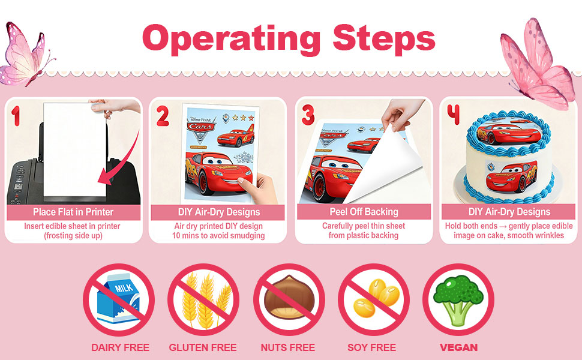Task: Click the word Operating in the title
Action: (x=231, y=39)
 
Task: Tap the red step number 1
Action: (x=16, y=116)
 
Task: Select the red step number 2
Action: (x=163, y=116)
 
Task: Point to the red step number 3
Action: (x=308, y=115)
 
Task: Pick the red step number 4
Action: (x=453, y=115)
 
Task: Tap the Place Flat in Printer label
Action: (x=73, y=212)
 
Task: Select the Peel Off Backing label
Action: (x=364, y=212)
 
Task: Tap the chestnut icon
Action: (x=289, y=297)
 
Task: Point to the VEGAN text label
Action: (x=459, y=347)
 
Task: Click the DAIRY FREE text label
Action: (x=120, y=347)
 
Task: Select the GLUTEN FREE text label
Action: (x=203, y=347)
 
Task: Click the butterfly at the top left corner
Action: (x=26, y=54)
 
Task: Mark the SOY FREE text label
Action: (x=371, y=347)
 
